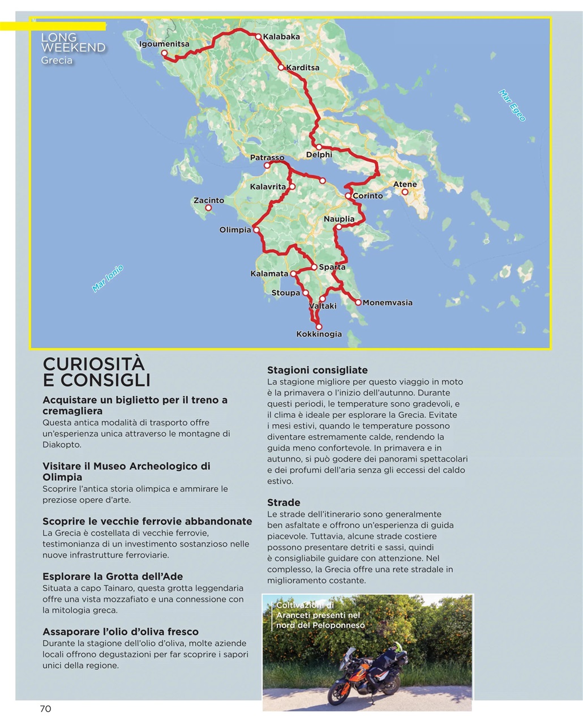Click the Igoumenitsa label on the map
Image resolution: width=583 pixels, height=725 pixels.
click(x=164, y=44)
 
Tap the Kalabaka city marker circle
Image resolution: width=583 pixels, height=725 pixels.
click(x=258, y=37)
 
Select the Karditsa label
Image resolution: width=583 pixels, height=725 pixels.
click(x=302, y=67)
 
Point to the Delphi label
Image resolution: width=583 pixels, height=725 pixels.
click(x=319, y=155)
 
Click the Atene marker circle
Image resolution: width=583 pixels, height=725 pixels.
click(x=405, y=192)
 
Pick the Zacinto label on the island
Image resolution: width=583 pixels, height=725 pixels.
click(x=208, y=200)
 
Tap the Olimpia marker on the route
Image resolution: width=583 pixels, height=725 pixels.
click(x=256, y=230)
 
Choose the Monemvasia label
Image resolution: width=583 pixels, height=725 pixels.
click(x=387, y=302)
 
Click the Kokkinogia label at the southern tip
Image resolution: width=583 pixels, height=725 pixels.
click(x=319, y=334)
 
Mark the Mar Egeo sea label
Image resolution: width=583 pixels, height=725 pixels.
click(x=512, y=105)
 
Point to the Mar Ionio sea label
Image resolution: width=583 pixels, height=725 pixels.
click(x=108, y=279)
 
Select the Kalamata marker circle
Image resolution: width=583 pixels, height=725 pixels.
click(x=293, y=274)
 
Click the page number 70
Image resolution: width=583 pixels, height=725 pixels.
click(x=45, y=709)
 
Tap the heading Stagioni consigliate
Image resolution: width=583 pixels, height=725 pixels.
click(x=317, y=370)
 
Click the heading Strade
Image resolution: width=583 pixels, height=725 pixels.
click(x=284, y=502)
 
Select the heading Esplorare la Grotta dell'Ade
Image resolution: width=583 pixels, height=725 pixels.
click(x=113, y=576)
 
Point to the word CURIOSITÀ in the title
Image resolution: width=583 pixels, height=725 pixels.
click(x=94, y=364)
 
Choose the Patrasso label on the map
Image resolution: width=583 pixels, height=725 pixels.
click(x=267, y=157)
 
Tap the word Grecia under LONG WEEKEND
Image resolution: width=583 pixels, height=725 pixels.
click(x=57, y=60)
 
